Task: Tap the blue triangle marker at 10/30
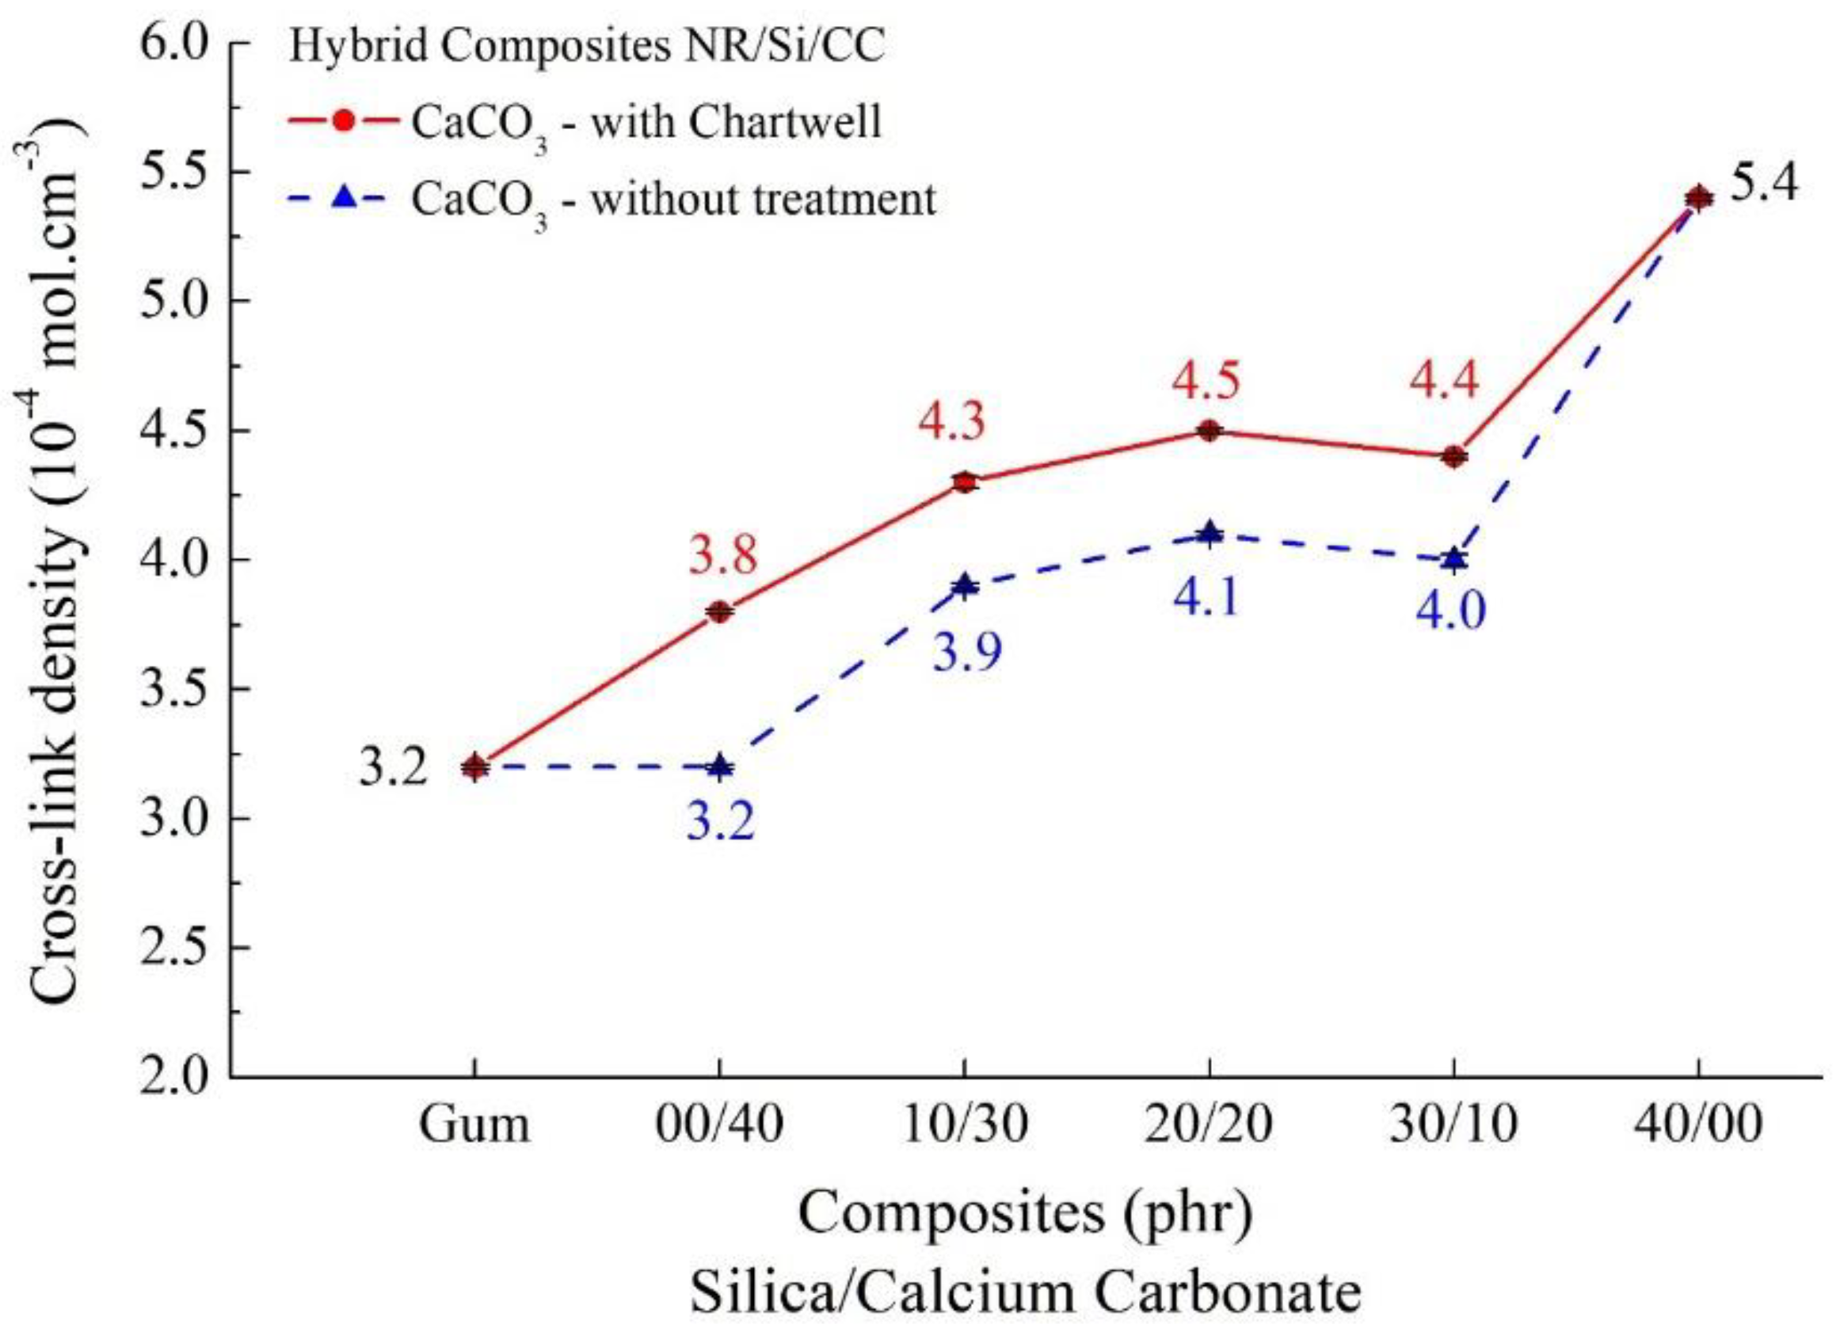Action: [x=964, y=586]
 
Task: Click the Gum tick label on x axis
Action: [x=474, y=1125]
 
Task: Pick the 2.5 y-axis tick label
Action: [x=174, y=947]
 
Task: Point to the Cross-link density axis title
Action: [x=57, y=560]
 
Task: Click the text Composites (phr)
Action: [x=1025, y=1213]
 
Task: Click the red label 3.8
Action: [x=722, y=556]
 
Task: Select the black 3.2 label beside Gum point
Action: [x=394, y=767]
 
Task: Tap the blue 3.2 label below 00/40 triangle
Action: [x=721, y=822]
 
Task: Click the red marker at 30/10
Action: [x=1453, y=457]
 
